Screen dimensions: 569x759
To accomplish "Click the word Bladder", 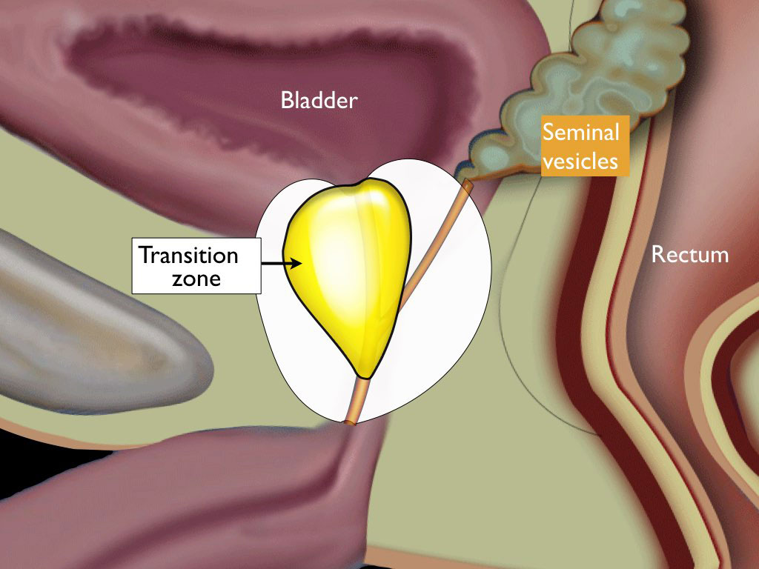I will point(319,100).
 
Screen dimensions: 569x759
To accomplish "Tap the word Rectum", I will point(689,256).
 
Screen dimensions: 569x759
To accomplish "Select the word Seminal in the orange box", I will point(580,133).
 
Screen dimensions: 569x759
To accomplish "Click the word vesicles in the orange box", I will point(580,159).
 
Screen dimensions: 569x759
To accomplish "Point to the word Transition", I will point(190,256).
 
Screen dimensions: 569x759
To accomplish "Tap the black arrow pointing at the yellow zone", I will point(281,262).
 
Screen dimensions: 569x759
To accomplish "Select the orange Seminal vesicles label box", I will point(585,146).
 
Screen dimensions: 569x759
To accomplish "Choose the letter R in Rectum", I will point(657,256).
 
